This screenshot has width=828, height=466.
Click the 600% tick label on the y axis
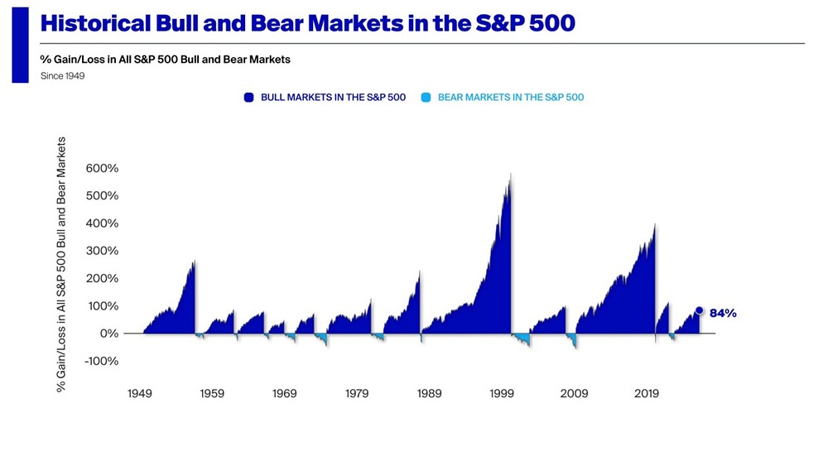point(102,168)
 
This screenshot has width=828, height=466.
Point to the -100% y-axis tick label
point(102,361)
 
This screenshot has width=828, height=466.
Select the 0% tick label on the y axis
point(108,334)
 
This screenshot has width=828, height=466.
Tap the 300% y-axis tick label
point(102,251)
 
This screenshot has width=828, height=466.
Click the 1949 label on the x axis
point(140,394)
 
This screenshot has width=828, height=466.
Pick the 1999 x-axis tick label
point(502,394)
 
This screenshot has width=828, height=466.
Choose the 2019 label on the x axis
point(647,394)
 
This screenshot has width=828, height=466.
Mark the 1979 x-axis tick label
point(357,394)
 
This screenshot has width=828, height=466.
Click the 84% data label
point(723,313)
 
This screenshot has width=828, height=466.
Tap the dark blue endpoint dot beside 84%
point(699,311)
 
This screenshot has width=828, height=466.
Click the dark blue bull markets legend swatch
point(249,98)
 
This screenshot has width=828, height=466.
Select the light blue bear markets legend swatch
point(426,98)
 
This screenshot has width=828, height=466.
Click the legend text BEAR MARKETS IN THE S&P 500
point(510,98)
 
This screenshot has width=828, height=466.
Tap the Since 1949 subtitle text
point(63,76)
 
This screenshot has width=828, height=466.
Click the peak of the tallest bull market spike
point(511,174)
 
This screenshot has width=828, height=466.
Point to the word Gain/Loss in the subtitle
point(79,60)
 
